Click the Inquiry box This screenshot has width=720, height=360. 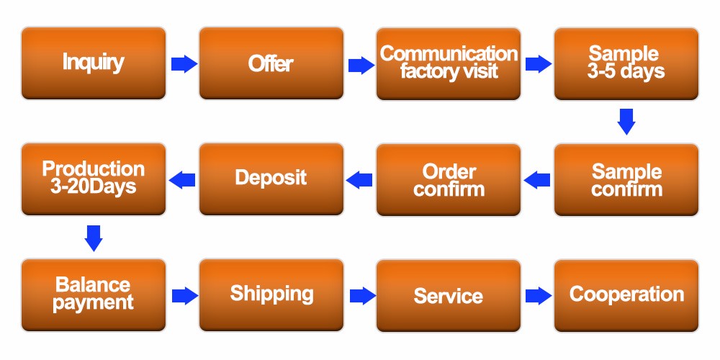pyautogui.click(x=94, y=63)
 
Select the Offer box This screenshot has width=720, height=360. pyautogui.click(x=271, y=63)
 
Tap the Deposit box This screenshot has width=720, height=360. pyautogui.click(x=271, y=179)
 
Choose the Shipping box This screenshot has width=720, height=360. pyautogui.click(x=271, y=294)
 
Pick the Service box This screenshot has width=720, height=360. pyautogui.click(x=448, y=295)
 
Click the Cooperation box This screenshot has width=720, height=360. pyautogui.click(x=626, y=294)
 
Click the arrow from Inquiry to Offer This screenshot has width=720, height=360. pyautogui.click(x=184, y=64)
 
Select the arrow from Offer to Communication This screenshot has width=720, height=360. pyautogui.click(x=361, y=65)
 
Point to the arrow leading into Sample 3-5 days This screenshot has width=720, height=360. pyautogui.click(x=538, y=64)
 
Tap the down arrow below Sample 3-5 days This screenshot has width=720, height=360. pyautogui.click(x=626, y=121)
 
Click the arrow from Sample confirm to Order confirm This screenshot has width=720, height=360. pyautogui.click(x=537, y=179)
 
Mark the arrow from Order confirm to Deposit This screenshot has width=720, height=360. pyautogui.click(x=359, y=179)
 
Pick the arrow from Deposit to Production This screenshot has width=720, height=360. pyautogui.click(x=181, y=179)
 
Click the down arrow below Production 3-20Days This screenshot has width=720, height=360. pyautogui.click(x=94, y=238)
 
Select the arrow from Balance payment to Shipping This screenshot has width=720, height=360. pyautogui.click(x=184, y=295)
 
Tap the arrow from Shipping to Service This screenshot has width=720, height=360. pyautogui.click(x=361, y=295)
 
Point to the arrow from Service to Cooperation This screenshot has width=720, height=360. pyautogui.click(x=538, y=295)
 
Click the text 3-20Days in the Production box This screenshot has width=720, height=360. pyautogui.click(x=94, y=186)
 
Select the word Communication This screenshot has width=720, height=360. pyautogui.click(x=448, y=54)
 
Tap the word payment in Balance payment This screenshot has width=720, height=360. pyautogui.click(x=94, y=302)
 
